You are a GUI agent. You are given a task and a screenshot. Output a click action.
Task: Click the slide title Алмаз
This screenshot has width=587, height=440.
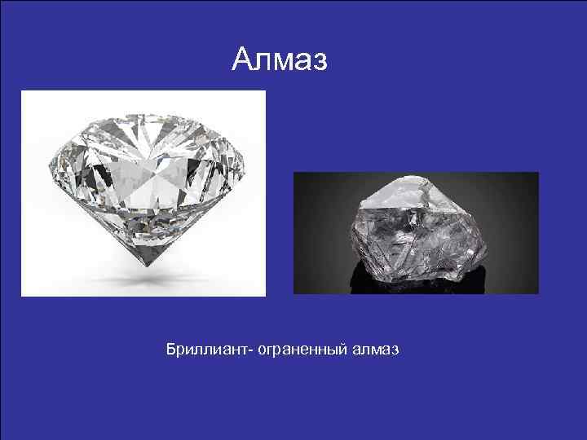click(x=279, y=59)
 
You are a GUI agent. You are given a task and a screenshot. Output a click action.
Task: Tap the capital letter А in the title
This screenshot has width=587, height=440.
click(x=243, y=59)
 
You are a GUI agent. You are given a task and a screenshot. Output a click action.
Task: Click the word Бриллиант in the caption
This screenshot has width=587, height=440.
click(x=208, y=350)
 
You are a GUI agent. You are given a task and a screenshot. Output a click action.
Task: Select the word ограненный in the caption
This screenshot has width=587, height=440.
click(x=304, y=350)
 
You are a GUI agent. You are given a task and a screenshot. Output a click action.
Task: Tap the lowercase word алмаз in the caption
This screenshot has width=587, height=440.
click(x=376, y=350)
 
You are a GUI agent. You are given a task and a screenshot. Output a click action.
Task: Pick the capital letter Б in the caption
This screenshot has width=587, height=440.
click(x=170, y=350)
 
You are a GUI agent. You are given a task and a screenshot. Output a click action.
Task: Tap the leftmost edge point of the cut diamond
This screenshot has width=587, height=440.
click(x=50, y=163)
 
